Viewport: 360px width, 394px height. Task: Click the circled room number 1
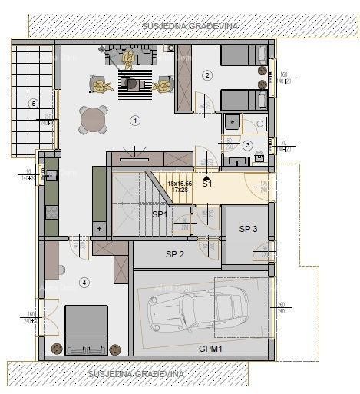(135, 121)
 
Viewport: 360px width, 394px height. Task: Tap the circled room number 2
(206, 74)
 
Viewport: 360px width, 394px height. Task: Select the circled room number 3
(247, 145)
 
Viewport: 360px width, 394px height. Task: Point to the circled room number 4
(85, 283)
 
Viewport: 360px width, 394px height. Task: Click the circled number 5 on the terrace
(33, 102)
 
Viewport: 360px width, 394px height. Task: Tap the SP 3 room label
(248, 229)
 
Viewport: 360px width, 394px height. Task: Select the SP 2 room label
(176, 254)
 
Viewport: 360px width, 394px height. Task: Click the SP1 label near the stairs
(159, 214)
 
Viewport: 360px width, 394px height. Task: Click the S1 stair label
(206, 184)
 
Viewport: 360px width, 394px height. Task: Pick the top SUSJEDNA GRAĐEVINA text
(190, 26)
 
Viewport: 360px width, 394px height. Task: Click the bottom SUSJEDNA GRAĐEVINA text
(128, 374)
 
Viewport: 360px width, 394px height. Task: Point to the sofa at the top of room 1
(124, 57)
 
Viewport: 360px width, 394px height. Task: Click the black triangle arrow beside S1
(206, 176)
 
